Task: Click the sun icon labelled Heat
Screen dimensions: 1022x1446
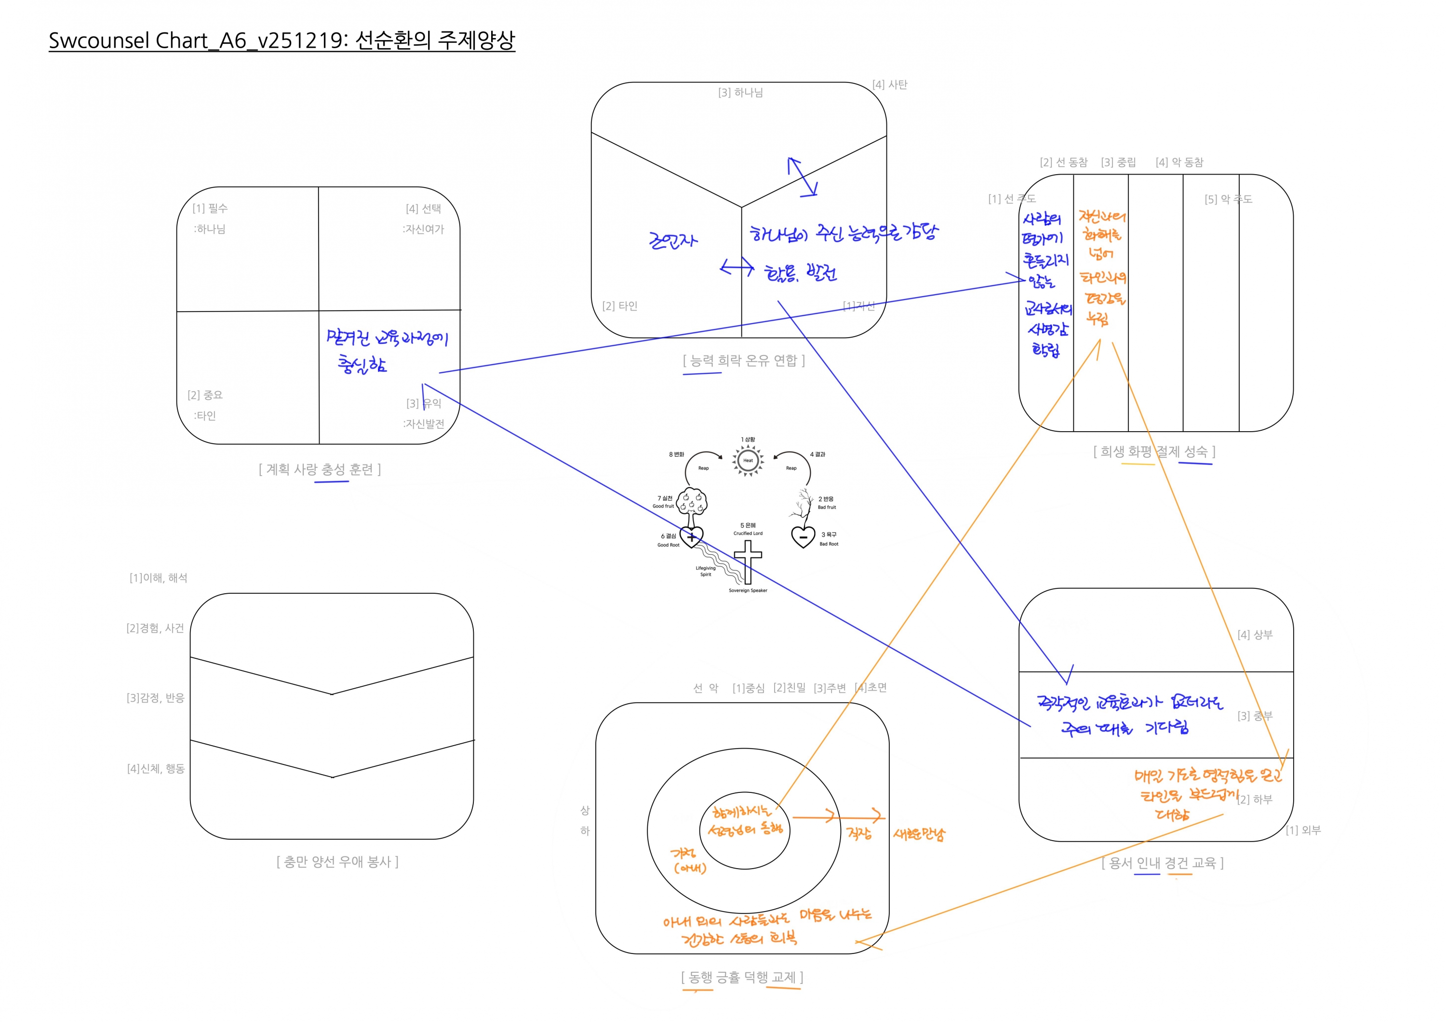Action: (x=748, y=460)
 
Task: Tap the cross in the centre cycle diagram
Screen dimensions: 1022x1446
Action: (x=748, y=561)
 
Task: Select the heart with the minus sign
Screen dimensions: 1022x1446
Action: (x=803, y=537)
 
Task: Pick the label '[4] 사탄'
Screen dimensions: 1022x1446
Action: (x=889, y=84)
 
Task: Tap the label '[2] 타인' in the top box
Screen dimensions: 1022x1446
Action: (x=620, y=306)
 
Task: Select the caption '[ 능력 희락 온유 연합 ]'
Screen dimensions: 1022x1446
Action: (x=743, y=360)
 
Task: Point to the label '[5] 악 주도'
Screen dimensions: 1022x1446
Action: (x=1228, y=200)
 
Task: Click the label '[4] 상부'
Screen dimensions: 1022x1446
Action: (x=1255, y=635)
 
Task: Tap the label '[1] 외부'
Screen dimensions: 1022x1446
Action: (x=1303, y=831)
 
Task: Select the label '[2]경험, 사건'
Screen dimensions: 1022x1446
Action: (x=155, y=628)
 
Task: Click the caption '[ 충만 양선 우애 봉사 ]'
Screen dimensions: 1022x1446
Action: (x=337, y=861)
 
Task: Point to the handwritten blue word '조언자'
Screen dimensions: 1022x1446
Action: (x=672, y=240)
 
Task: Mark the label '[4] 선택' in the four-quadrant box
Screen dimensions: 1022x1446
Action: (x=423, y=208)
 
